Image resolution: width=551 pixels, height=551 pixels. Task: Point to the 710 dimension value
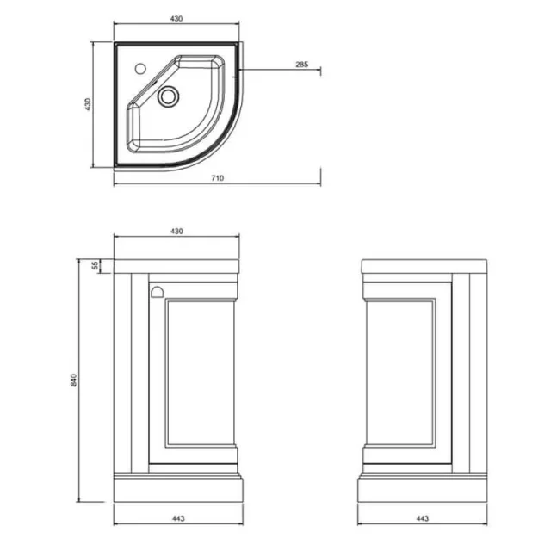pyautogui.click(x=217, y=178)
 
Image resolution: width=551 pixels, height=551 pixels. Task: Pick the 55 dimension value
pyautogui.click(x=95, y=266)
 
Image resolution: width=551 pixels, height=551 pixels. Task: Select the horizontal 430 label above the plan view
pyautogui.click(x=176, y=19)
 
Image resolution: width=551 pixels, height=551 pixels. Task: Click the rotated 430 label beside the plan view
pyautogui.click(x=87, y=105)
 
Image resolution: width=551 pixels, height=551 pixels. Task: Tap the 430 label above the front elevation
pyautogui.click(x=176, y=232)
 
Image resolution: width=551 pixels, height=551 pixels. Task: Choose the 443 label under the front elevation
pyautogui.click(x=179, y=518)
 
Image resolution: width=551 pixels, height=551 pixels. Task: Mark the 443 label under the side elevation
pyautogui.click(x=423, y=518)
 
